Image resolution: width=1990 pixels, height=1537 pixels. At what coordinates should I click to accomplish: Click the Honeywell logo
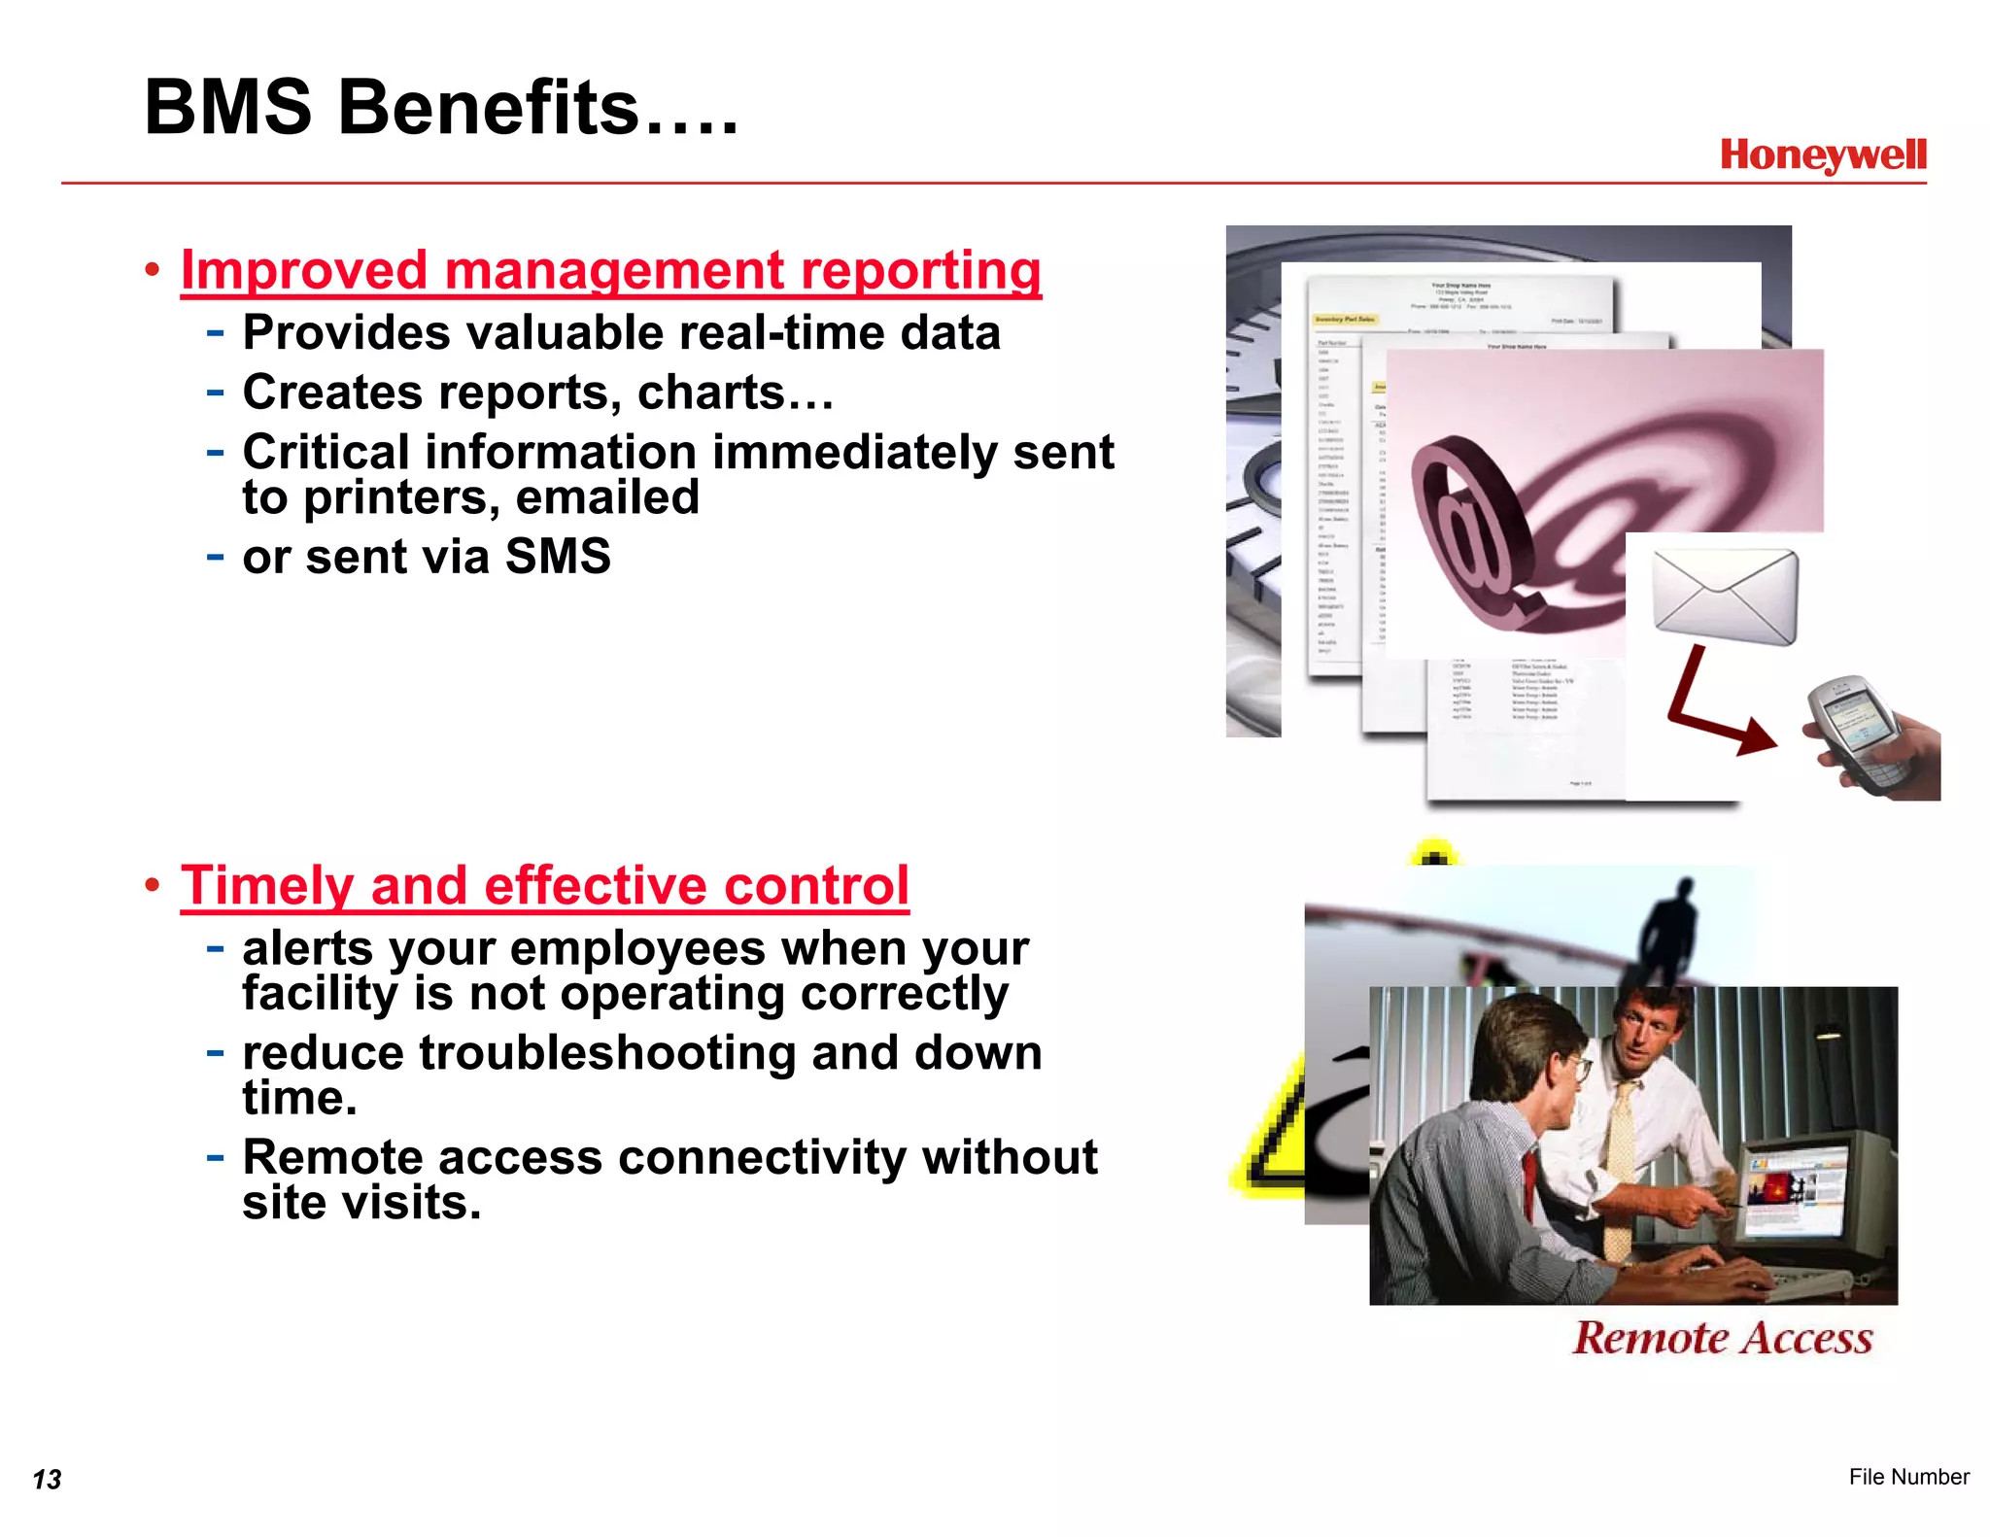(x=1822, y=155)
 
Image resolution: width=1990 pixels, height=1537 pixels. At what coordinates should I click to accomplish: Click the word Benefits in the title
(x=489, y=108)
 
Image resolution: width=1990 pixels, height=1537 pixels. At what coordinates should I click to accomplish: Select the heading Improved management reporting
(x=610, y=270)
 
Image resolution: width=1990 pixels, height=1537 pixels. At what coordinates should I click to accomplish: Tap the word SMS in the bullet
(x=558, y=557)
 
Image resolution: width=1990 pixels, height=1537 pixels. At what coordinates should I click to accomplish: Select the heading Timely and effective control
(x=544, y=885)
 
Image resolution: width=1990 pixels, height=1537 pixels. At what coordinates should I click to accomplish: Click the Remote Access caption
(x=1722, y=1338)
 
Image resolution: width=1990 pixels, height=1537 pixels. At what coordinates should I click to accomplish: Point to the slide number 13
(x=47, y=1480)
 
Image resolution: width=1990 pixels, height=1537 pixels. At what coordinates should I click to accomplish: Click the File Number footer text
(x=1907, y=1477)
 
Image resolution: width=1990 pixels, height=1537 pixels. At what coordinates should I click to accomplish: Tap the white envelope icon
(x=1725, y=596)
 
